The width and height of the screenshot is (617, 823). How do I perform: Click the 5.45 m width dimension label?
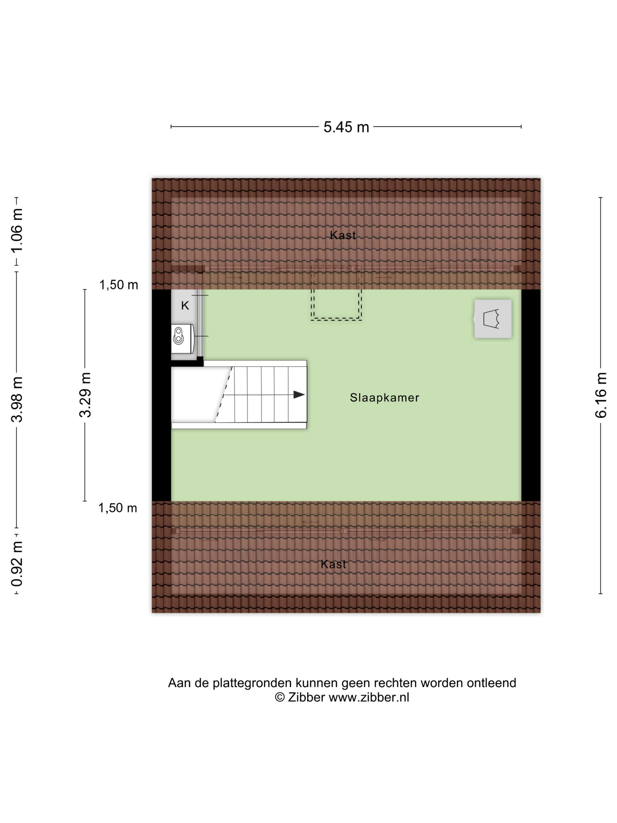(346, 127)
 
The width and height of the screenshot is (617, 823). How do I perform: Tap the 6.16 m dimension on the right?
(601, 395)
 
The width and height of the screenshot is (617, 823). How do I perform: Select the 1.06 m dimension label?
(17, 230)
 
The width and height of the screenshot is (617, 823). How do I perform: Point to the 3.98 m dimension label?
(17, 399)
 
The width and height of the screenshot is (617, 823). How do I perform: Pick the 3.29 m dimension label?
(85, 395)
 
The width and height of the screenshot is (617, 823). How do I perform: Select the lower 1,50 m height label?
(118, 508)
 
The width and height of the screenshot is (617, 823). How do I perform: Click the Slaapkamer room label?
(385, 398)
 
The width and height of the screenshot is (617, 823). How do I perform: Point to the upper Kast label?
(343, 235)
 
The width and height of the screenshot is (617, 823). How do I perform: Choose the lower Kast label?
(333, 564)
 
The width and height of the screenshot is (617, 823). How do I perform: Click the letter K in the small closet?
(185, 305)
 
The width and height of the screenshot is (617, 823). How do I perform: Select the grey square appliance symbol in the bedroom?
(493, 319)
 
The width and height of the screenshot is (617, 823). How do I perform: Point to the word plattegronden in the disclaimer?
(252, 683)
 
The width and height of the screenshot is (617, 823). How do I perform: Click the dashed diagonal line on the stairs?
(224, 394)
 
